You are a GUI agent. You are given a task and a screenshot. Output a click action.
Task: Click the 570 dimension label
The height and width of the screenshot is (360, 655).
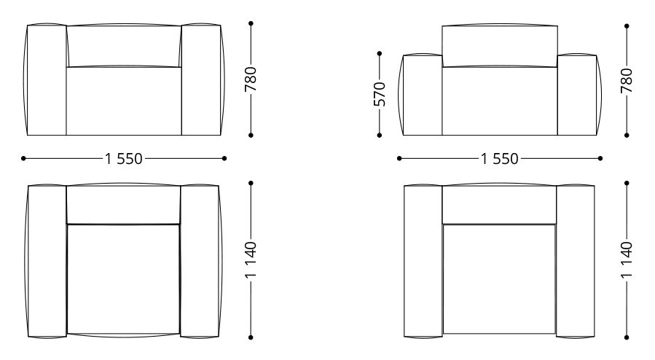point(380,95)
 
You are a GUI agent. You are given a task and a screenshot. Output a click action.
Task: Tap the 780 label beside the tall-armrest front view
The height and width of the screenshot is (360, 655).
point(251,79)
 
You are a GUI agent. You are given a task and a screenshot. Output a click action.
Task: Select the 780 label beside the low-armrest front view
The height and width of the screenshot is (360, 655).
point(627,81)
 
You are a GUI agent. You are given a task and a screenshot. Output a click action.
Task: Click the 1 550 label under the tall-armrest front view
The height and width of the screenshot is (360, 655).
point(124,159)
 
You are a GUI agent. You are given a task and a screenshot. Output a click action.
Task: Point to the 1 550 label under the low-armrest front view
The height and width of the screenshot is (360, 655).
point(500,159)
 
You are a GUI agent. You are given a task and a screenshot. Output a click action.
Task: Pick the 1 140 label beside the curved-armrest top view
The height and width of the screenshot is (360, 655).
point(251,259)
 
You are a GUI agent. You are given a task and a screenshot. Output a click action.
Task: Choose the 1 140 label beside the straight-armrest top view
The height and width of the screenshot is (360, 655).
point(627,259)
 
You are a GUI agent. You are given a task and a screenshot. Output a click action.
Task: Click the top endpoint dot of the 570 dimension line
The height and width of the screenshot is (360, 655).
point(380,53)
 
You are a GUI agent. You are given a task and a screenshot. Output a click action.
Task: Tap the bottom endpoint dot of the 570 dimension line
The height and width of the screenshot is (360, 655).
point(380,136)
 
